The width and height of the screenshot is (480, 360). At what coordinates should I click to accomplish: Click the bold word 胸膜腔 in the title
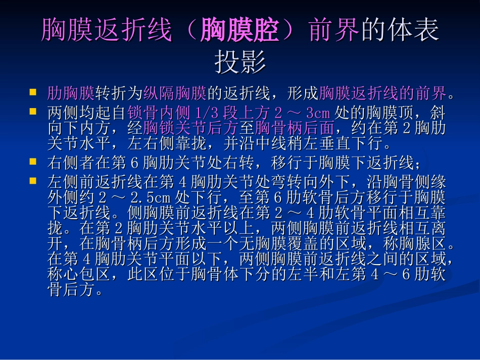coord(239,31)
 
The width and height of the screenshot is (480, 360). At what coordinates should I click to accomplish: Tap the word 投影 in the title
coord(240,63)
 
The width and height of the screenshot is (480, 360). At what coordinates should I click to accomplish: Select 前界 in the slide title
coord(334,31)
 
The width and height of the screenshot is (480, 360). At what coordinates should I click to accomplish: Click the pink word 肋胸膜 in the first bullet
coord(71,93)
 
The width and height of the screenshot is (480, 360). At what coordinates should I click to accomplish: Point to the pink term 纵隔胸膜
coord(175,93)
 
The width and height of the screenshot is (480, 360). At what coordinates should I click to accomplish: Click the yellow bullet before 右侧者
coord(33,162)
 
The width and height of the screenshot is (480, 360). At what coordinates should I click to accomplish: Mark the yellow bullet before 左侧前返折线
coord(33,180)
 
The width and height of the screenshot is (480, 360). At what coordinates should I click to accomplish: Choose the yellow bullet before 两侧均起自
coord(33,111)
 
